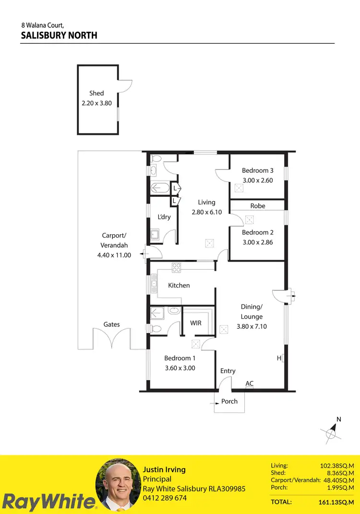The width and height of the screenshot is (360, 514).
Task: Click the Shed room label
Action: point(96,93)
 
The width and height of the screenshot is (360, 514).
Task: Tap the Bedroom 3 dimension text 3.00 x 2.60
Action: point(258,180)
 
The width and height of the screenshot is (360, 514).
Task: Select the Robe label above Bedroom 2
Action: point(258,206)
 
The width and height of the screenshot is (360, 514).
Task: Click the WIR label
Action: point(196,323)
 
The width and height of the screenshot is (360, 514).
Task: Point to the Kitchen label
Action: point(179,286)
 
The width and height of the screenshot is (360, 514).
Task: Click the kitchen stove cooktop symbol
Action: point(176,268)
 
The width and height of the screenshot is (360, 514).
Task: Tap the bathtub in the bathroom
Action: point(159,188)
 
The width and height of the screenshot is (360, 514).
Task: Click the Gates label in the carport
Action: point(111,324)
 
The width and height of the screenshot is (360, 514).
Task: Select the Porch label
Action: point(229,401)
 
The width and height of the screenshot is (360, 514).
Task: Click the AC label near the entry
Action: point(249,383)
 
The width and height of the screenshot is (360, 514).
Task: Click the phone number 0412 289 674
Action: point(165,498)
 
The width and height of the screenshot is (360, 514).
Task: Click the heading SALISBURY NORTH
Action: point(59,35)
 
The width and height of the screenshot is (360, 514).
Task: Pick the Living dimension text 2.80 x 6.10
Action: point(206,212)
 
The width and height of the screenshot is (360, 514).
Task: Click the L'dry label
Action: point(164,217)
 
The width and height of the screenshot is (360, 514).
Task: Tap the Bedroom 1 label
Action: point(180,358)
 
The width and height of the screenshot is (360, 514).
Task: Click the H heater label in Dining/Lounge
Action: point(278,358)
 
